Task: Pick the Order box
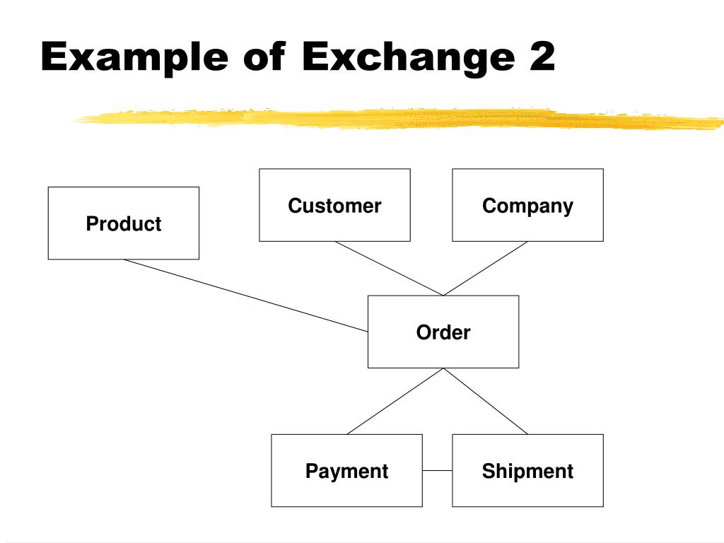443,350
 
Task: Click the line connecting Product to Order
245,295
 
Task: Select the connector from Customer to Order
389,269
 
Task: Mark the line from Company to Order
485,269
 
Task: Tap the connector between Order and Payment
395,401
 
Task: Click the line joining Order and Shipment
485,401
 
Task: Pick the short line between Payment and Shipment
437,471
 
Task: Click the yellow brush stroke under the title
396,119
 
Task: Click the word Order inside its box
443,332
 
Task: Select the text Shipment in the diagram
527,472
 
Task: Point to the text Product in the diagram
123,224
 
